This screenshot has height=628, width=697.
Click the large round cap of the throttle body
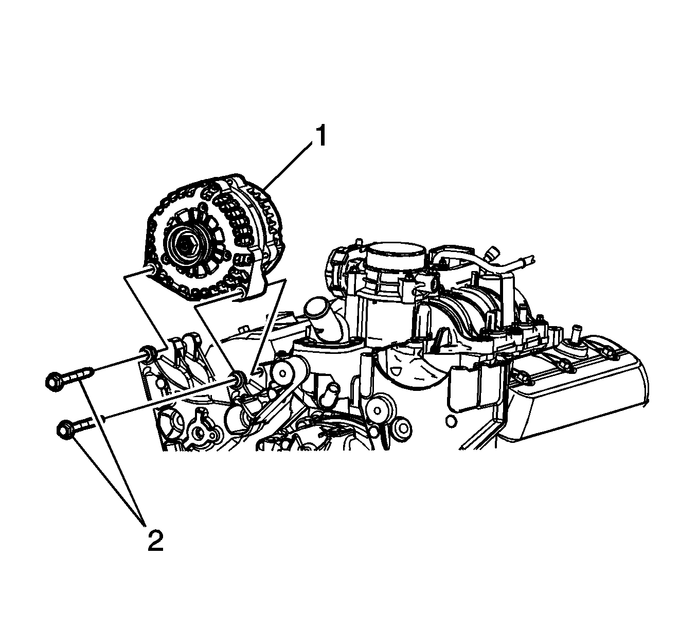coord(396,252)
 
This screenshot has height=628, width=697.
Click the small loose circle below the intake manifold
coord(451,421)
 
